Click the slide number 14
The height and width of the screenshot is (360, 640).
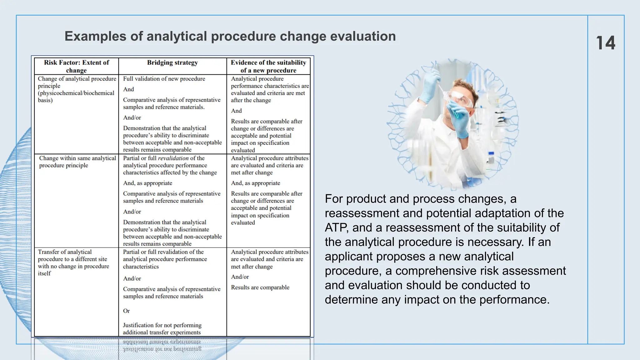pyautogui.click(x=605, y=43)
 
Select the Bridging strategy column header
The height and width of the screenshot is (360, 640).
pyautogui.click(x=172, y=62)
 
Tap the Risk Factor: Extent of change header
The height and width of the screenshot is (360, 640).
pyautogui.click(x=77, y=66)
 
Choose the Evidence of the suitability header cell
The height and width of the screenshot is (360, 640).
pyautogui.click(x=268, y=66)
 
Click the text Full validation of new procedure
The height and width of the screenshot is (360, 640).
pyautogui.click(x=164, y=79)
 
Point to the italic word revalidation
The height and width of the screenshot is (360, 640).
pyautogui.click(x=173, y=158)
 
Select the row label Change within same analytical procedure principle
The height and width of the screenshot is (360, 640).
pyautogui.click(x=77, y=162)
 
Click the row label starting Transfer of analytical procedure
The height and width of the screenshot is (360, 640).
pyautogui.click(x=73, y=262)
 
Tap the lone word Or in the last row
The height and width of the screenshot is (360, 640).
pyautogui.click(x=126, y=311)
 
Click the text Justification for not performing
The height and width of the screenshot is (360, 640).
pyautogui.click(x=162, y=325)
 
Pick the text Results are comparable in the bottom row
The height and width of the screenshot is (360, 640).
pyautogui.click(x=260, y=287)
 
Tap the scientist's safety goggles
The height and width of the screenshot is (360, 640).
pyautogui.click(x=460, y=99)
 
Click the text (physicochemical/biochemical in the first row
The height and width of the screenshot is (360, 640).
pyautogui.click(x=76, y=93)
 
